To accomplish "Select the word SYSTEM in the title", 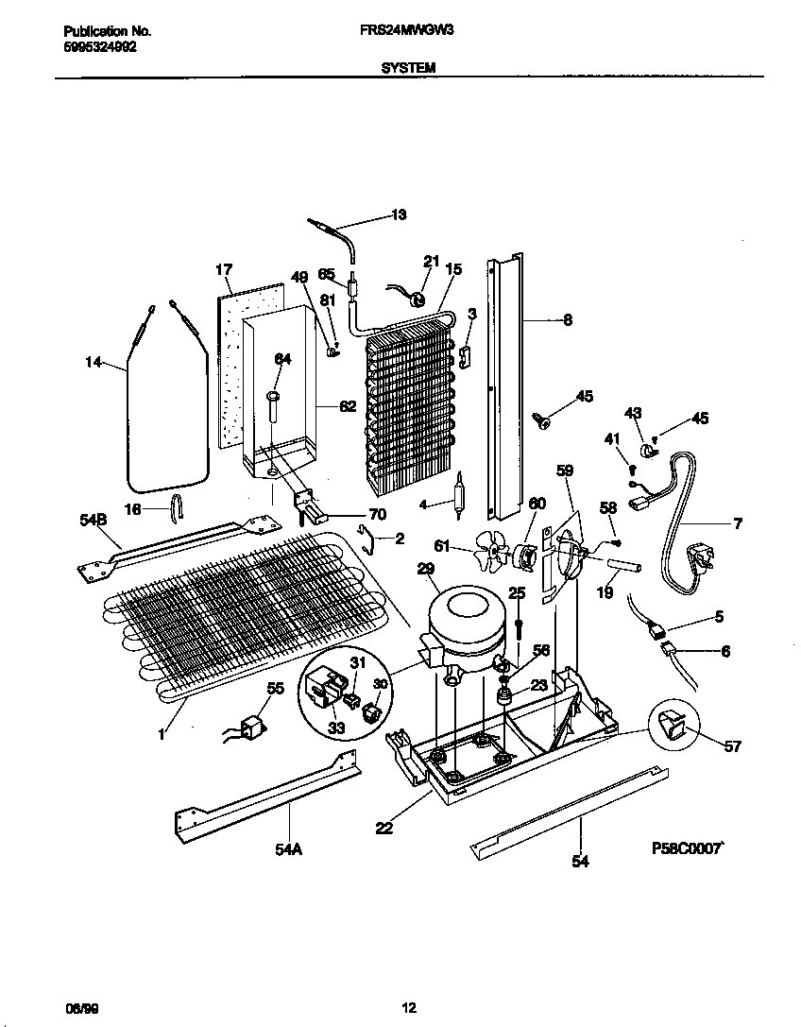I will [x=408, y=67].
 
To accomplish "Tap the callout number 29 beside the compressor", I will [x=425, y=567].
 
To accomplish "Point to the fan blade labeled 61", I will [x=489, y=547].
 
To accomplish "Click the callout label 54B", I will [x=94, y=520].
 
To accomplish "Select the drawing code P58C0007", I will [x=686, y=848].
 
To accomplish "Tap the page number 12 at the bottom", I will [x=408, y=1007].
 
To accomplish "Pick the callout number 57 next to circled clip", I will [x=731, y=746].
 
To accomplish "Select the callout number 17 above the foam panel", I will [x=223, y=270].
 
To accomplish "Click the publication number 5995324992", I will [x=92, y=46].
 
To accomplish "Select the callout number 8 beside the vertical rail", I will [x=567, y=320].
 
